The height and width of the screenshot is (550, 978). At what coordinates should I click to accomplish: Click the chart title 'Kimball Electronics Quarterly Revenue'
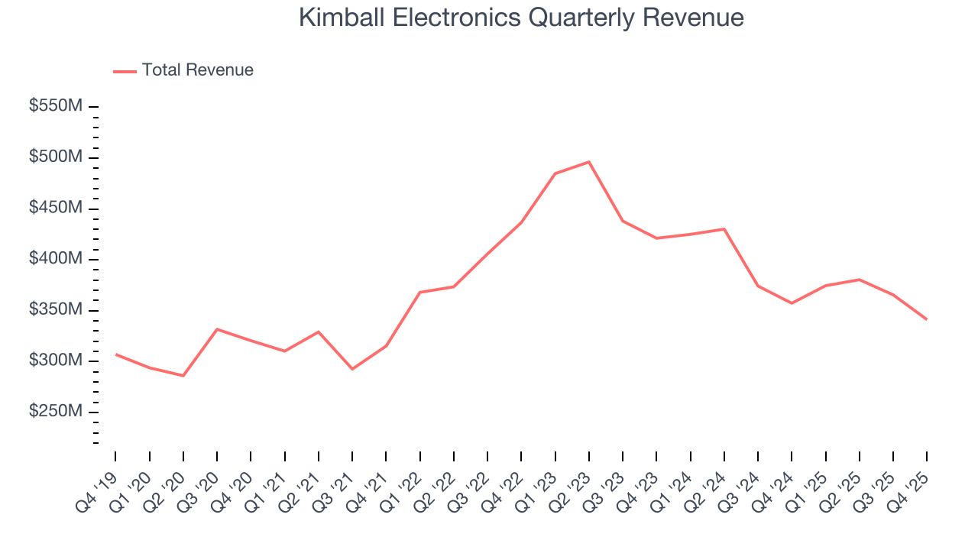(x=521, y=17)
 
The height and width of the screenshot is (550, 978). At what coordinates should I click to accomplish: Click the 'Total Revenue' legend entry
(x=197, y=70)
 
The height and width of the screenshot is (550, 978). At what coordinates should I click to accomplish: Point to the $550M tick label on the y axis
(x=55, y=106)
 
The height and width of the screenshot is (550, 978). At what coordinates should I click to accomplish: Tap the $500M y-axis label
(x=55, y=157)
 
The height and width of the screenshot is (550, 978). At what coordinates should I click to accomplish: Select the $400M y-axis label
(x=55, y=259)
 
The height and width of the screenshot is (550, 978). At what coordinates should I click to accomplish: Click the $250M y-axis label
(x=55, y=412)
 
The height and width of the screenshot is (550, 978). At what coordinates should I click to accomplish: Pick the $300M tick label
(x=55, y=361)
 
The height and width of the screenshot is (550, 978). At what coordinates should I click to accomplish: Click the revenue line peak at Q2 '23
(x=588, y=162)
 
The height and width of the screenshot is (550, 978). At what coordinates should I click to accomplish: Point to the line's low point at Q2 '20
(x=183, y=375)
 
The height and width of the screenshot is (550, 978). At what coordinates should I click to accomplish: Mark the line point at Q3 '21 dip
(x=352, y=369)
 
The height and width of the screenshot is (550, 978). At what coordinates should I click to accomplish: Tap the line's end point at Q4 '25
(x=926, y=319)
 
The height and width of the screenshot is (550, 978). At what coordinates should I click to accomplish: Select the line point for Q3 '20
(x=217, y=329)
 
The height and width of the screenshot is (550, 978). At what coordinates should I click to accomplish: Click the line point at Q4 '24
(x=791, y=303)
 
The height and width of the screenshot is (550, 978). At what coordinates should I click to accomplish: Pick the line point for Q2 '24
(x=724, y=229)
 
